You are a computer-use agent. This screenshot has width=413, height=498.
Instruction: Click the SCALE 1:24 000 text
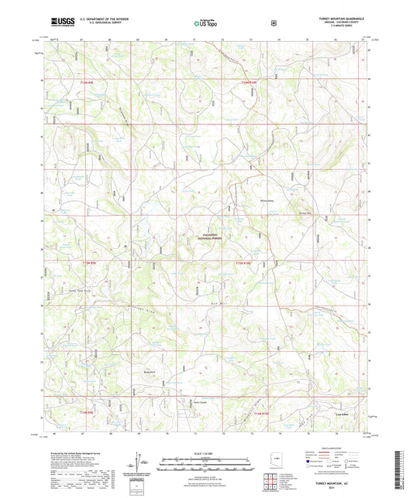(x=205, y=452)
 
